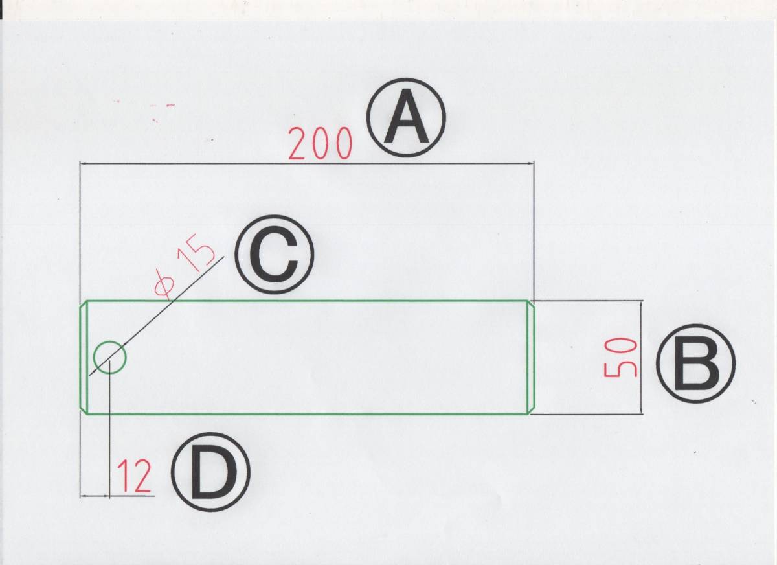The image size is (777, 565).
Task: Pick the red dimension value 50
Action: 621,358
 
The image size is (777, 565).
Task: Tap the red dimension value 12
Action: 135,477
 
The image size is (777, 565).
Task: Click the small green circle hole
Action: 109,356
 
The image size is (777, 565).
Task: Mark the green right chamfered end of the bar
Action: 532,356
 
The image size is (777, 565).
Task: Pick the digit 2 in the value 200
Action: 298,144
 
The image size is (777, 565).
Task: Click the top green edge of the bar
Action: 304,301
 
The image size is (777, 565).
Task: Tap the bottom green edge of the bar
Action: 304,413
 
